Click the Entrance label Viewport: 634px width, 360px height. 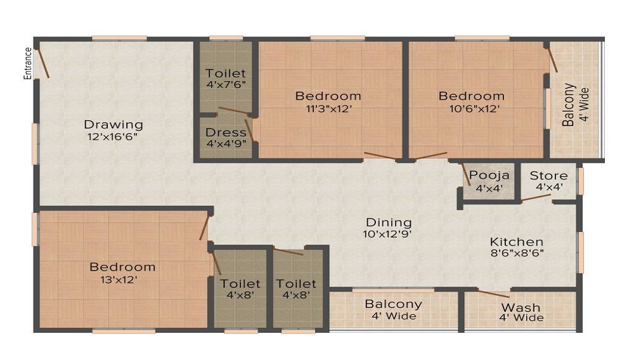pyautogui.click(x=27, y=63)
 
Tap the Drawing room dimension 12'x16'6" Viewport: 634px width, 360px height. pyautogui.click(x=112, y=136)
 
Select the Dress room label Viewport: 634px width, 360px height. pyautogui.click(x=226, y=132)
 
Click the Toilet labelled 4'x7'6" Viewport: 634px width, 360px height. pyautogui.click(x=226, y=73)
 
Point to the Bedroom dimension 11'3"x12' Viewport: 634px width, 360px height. pyautogui.click(x=328, y=108)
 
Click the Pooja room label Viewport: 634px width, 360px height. pyautogui.click(x=489, y=176)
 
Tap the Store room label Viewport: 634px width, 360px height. pyautogui.click(x=548, y=176)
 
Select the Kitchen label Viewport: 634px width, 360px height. pyautogui.click(x=516, y=241)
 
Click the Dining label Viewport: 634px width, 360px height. pyautogui.click(x=389, y=222)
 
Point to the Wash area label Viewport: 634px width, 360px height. pyautogui.click(x=521, y=307)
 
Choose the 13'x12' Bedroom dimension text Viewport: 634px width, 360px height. pyautogui.click(x=119, y=280)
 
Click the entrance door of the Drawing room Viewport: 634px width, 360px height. pyautogui.click(x=42, y=63)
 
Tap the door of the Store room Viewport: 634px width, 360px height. pyautogui.click(x=536, y=198)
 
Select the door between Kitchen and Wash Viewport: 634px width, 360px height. pyautogui.click(x=494, y=293)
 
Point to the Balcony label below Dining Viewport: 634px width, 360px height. pyautogui.click(x=393, y=304)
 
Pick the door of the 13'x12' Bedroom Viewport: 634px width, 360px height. pyautogui.click(x=205, y=228)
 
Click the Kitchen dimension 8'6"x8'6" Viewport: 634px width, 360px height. pyautogui.click(x=517, y=254)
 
